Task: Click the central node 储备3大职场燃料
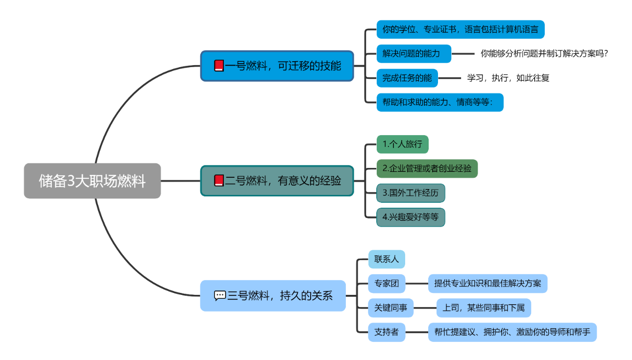coord(92,181)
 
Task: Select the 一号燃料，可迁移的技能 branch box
coord(277,66)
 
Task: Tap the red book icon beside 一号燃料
coord(219,66)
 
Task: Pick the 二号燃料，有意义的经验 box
coord(277,181)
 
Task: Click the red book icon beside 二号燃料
coord(219,181)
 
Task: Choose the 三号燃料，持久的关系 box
coord(273,296)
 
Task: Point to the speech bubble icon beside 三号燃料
coord(220,296)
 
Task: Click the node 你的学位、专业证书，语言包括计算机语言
coord(460,29)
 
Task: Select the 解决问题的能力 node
coord(413,53)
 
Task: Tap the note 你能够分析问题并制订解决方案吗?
coord(544,53)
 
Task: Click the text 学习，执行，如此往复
coord(508,78)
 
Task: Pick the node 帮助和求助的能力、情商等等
coord(439,102)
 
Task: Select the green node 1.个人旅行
coord(402,144)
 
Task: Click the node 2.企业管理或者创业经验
coord(427,168)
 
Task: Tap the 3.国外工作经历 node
coord(411,193)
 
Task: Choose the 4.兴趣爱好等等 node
coord(411,217)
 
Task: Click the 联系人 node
coord(387,259)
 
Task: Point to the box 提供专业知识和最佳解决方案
coord(487,284)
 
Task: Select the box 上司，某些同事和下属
coord(484,308)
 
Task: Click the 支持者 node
coord(387,332)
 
